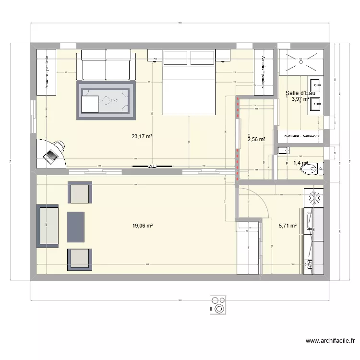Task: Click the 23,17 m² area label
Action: click(142, 136)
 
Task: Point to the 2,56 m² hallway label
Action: click(256, 140)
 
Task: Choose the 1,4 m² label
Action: click(300, 163)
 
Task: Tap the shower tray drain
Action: click(301, 59)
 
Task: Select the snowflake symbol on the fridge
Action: click(314, 197)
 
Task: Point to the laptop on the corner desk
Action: click(49, 156)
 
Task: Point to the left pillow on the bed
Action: click(176, 57)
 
